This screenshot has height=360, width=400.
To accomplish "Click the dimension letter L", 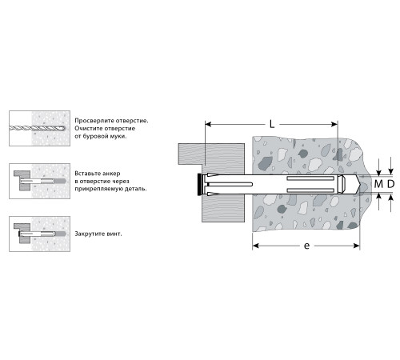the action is [x=272, y=124].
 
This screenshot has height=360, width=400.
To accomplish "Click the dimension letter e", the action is [x=306, y=246].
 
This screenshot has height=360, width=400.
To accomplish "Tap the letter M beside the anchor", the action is [x=378, y=184].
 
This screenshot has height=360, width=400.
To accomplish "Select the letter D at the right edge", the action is [x=390, y=184].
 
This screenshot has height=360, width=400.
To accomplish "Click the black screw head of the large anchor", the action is [x=199, y=184].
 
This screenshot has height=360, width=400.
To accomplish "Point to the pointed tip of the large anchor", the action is [x=361, y=184].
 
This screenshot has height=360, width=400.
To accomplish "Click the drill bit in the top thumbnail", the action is [x=37, y=128].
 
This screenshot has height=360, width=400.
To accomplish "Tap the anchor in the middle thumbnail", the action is [x=42, y=182].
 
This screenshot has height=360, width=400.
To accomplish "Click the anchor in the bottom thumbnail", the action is [x=42, y=234].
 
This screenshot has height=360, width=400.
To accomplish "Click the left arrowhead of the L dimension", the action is [x=208, y=124].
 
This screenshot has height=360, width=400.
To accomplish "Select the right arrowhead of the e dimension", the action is [x=357, y=246].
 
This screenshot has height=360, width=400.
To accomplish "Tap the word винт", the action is [x=114, y=234].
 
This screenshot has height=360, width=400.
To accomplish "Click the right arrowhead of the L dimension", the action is [x=334, y=124].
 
